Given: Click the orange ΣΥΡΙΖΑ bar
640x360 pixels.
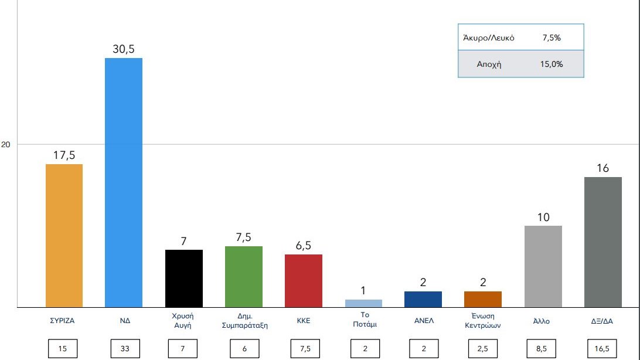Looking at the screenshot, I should point(64,235).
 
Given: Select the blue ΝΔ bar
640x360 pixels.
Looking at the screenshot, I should point(123,182).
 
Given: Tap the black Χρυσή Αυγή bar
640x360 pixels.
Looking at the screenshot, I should point(183,278).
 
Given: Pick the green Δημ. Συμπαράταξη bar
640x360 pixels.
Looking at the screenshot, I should point(243,276).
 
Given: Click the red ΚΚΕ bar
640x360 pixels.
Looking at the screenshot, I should point(303,280).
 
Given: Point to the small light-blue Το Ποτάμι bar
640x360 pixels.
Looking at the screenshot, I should point(363,303).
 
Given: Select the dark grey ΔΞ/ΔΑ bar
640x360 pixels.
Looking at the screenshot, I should point(603,242).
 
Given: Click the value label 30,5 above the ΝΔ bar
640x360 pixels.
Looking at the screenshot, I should point(123,49).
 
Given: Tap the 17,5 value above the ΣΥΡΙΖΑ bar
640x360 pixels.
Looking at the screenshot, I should point(64,155).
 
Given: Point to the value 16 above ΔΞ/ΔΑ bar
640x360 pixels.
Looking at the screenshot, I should point(603,168).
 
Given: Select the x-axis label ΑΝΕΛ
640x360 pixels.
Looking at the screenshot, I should point(423,321).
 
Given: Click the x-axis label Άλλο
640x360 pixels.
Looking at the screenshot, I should point(543,321).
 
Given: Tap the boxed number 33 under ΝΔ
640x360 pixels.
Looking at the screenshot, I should point(124,349).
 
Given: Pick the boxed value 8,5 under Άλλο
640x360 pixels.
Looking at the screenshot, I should point(543,349).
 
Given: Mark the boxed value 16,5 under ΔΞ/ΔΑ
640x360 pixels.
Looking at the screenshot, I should point(603,349).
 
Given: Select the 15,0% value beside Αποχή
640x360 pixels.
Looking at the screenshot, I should point(551,64).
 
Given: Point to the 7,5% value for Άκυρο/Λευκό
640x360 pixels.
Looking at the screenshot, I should point(552,38).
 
